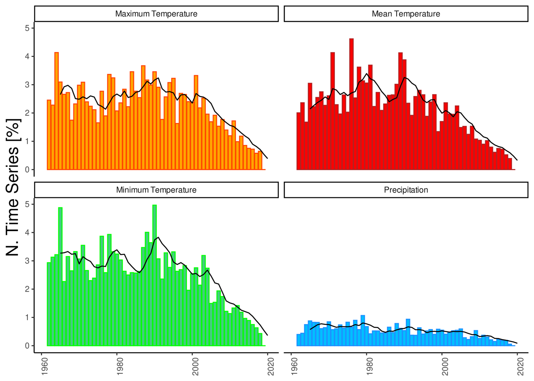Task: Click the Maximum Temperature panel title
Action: click(156, 14)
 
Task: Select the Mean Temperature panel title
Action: click(406, 14)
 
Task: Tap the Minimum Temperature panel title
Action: click(156, 190)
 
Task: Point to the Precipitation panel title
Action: click(406, 190)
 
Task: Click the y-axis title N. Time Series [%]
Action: click(13, 187)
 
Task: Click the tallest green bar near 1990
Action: click(154, 275)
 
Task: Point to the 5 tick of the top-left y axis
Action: click(27, 28)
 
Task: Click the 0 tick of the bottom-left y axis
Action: click(27, 346)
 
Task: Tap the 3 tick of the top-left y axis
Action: click(27, 85)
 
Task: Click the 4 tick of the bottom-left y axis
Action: click(27, 233)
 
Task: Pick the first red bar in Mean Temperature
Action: click(298, 141)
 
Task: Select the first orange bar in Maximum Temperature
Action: click(49, 135)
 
